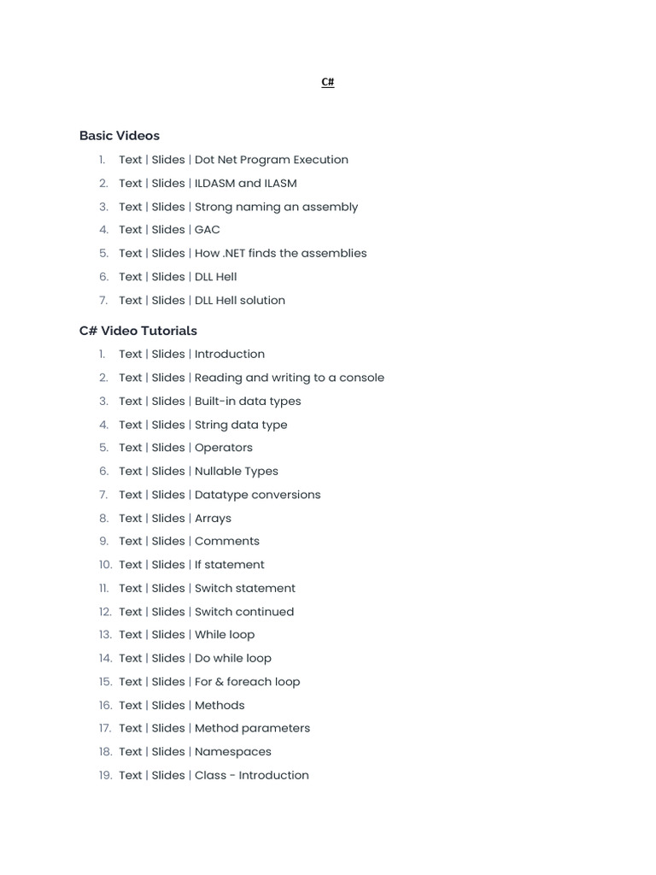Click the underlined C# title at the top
328,82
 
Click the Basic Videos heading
120,136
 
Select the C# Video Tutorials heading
138,331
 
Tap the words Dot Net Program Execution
272,160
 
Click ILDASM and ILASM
246,183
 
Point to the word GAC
208,230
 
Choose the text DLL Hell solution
240,300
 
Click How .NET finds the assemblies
281,253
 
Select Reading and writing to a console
290,378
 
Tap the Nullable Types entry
237,471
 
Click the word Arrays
213,518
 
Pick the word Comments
227,541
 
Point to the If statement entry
230,565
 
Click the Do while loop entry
233,658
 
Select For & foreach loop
248,682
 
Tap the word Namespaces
233,752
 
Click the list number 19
105,775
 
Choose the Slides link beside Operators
168,448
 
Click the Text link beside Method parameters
131,728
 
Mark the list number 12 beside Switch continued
105,612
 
